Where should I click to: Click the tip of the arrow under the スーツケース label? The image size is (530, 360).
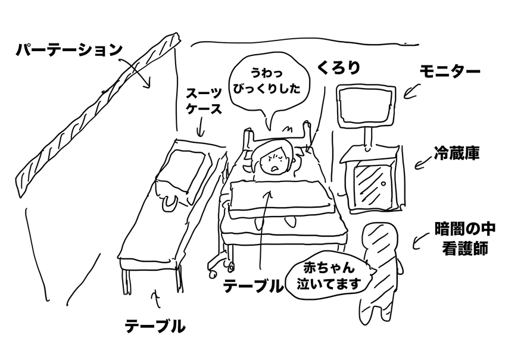point(200,137)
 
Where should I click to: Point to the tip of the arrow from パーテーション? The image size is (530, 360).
point(148,87)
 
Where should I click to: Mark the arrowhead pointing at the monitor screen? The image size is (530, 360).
point(404,97)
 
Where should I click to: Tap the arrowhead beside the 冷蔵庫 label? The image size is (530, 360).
point(416,168)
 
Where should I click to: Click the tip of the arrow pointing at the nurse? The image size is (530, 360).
point(414,248)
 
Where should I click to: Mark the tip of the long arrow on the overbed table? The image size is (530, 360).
point(270,190)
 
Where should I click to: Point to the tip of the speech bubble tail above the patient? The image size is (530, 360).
point(269,130)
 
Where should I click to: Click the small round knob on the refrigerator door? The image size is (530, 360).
point(384,184)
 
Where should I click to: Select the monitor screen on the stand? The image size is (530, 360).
point(366,107)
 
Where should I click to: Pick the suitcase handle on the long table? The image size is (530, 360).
point(169,204)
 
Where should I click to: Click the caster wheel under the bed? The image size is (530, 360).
point(230,267)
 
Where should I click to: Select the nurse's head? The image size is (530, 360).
point(379,239)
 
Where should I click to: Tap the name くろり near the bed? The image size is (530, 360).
point(338,68)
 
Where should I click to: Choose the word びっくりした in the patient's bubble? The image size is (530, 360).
point(267,89)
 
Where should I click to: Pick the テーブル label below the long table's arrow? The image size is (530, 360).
point(155,327)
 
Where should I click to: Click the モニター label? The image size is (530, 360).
point(450,71)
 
